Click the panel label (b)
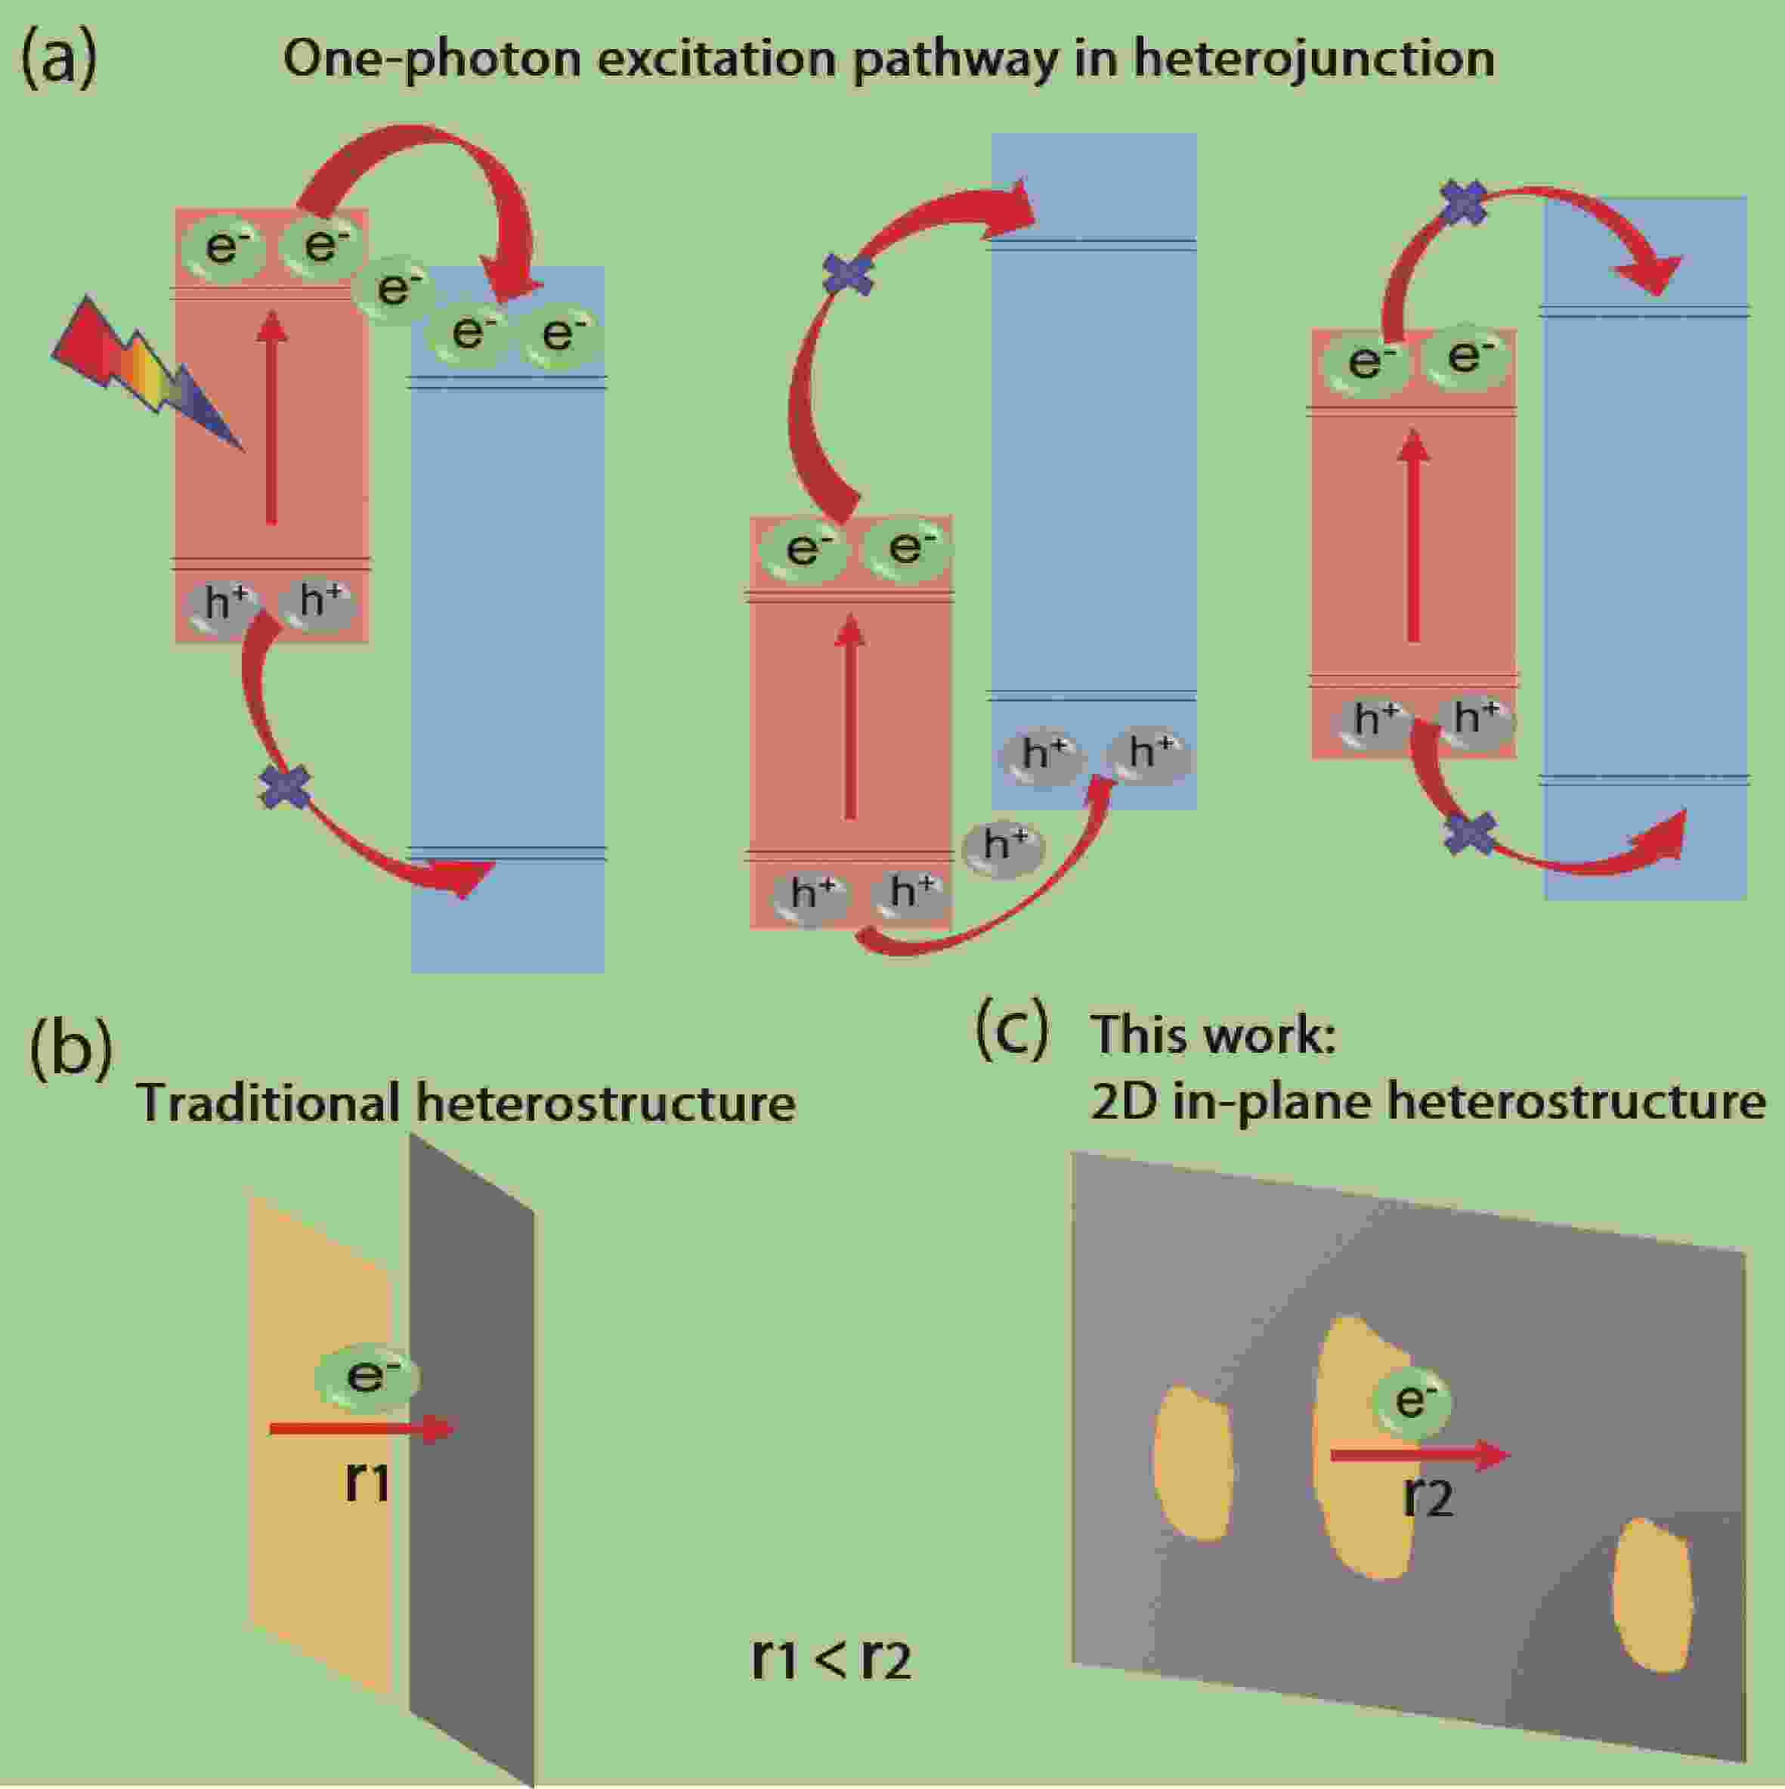(70, 1049)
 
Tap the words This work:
(1214, 1033)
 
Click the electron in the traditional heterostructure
(367, 1377)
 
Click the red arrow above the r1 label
(361, 1428)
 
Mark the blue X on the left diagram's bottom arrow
(285, 787)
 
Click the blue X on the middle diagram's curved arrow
(849, 274)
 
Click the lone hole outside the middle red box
(1004, 846)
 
